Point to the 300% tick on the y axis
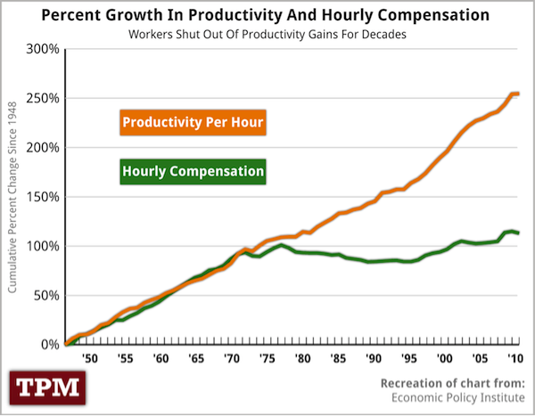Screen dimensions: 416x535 [42, 48]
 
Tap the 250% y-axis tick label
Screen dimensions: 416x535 [42, 98]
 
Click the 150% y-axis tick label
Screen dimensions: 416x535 [42, 197]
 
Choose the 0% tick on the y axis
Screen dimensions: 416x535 [48, 344]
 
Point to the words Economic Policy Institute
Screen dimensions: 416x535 [464, 398]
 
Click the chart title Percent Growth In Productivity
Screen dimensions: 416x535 [267, 15]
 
